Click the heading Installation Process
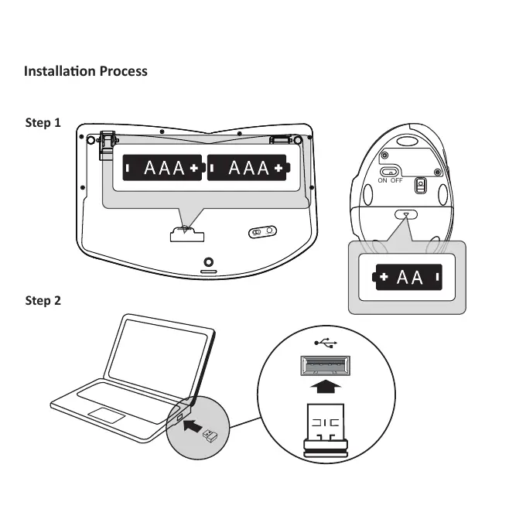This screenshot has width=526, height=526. click(x=85, y=71)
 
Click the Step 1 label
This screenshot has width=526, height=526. click(x=43, y=122)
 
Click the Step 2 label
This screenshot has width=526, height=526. click(x=43, y=300)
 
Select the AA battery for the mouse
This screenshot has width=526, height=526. click(x=410, y=276)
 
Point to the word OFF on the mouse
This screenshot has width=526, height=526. click(x=397, y=181)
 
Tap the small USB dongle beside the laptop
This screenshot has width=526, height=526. click(x=210, y=437)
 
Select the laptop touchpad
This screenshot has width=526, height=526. click(x=107, y=414)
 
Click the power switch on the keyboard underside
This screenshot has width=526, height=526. click(x=262, y=232)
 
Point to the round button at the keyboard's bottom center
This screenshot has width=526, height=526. click(x=208, y=262)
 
